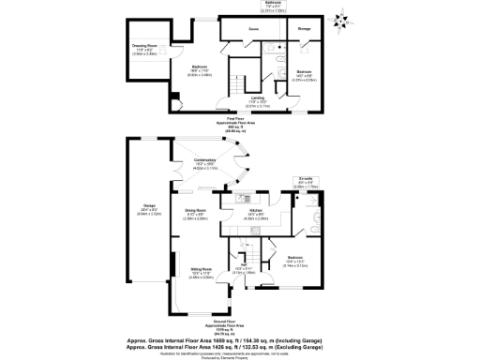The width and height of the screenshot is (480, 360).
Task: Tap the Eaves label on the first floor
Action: [x=253, y=29]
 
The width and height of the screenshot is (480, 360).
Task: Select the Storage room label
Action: [x=304, y=29]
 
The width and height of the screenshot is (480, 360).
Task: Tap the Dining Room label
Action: [x=196, y=210]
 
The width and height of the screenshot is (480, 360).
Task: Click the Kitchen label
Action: [x=255, y=211]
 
